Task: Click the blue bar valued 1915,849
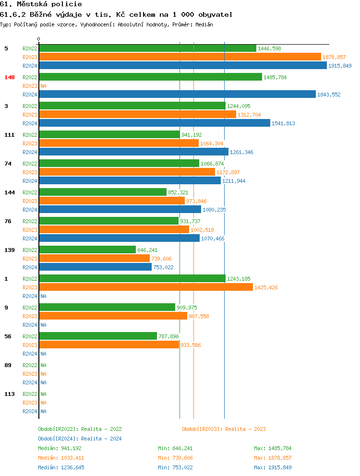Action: [x=183, y=66]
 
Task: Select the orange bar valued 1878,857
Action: [x=180, y=57]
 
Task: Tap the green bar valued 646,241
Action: [x=87, y=250]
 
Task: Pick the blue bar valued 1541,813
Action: [x=155, y=123]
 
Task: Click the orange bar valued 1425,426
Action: [x=146, y=287]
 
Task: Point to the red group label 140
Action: [x=10, y=77]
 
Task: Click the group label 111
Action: [x=10, y=135]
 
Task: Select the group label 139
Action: [x=10, y=250]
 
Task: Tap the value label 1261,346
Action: [x=241, y=152]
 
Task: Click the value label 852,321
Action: [x=178, y=192]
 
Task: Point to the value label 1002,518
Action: [x=203, y=230]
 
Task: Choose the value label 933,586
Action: [x=191, y=345]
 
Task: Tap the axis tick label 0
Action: [x=39, y=39]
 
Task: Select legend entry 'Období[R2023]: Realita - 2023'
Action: [x=224, y=429]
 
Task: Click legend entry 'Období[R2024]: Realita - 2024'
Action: [x=80, y=439]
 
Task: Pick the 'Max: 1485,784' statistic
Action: [x=273, y=448]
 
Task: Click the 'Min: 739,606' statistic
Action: [x=175, y=458]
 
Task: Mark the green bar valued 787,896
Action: [x=98, y=336]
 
